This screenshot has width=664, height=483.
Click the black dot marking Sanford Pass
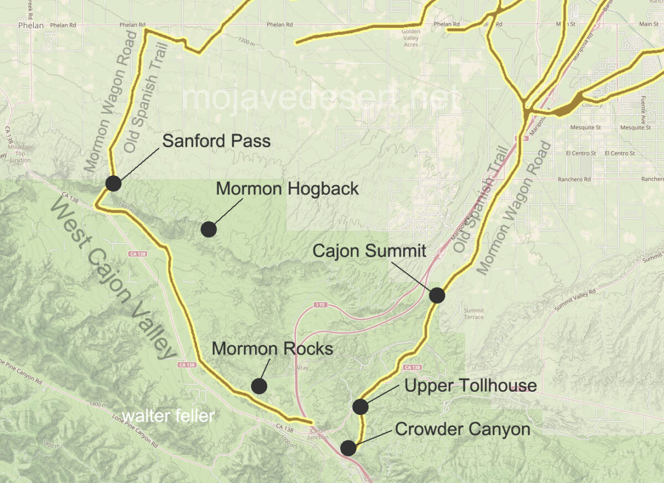pyautogui.click(x=113, y=183)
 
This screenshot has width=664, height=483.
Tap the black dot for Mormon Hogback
pyautogui.click(x=209, y=228)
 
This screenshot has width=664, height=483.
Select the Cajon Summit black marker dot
pyautogui.click(x=437, y=295)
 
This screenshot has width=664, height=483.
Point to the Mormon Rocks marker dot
pyautogui.click(x=259, y=386)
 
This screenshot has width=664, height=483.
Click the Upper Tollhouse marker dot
pyautogui.click(x=360, y=407)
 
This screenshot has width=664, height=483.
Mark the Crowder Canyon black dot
pyautogui.click(x=349, y=448)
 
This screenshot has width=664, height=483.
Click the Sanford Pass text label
pyautogui.click(x=216, y=141)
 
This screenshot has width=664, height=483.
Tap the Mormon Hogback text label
pyautogui.click(x=287, y=189)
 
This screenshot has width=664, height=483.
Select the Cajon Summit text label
pyautogui.click(x=369, y=251)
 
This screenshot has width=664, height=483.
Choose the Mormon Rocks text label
pyautogui.click(x=272, y=349)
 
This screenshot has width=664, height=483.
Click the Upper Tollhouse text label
pyautogui.click(x=470, y=386)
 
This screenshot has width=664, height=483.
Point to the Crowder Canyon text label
pyautogui.click(x=463, y=429)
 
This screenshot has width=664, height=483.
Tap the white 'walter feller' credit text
pyautogui.click(x=168, y=416)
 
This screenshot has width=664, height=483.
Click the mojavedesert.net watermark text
pyautogui.click(x=321, y=98)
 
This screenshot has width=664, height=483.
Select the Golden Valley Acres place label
pyautogui.click(x=411, y=38)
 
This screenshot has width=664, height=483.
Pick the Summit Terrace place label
pyautogui.click(x=474, y=314)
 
